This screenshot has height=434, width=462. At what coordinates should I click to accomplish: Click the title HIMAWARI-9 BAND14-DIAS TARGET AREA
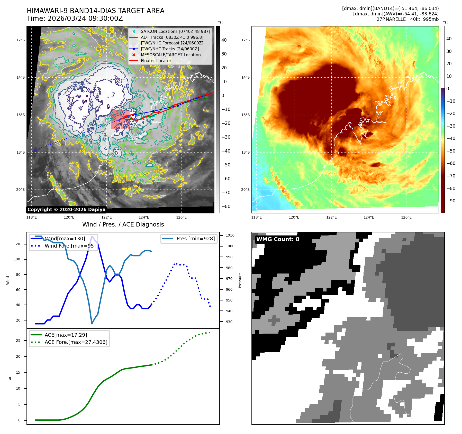tap(95, 11)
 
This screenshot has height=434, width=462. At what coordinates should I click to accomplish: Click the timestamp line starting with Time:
tap(75, 18)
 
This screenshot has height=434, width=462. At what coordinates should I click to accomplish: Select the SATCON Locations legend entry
tap(175, 31)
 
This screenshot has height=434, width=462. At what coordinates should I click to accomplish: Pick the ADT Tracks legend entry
tap(172, 37)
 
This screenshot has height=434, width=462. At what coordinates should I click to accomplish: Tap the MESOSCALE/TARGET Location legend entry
tap(170, 55)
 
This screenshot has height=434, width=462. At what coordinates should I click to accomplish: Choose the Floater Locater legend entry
tap(156, 61)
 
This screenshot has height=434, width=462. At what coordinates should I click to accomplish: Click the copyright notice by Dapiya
tap(66, 210)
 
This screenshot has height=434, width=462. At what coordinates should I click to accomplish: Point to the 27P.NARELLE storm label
tap(407, 19)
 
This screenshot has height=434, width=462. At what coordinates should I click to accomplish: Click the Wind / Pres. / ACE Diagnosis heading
tap(123, 224)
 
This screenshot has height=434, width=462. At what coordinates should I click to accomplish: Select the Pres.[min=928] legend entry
tap(195, 239)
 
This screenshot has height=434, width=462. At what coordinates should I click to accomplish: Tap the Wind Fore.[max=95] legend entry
tap(70, 246)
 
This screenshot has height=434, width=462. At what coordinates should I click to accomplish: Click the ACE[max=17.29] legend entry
tap(66, 335)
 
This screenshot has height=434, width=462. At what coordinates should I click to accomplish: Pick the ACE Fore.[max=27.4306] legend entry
tap(76, 342)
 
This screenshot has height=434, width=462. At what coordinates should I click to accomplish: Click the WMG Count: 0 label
tap(278, 239)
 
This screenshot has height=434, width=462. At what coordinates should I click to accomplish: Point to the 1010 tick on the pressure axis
tap(230, 235)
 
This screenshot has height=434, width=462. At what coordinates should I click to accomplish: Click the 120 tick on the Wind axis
tap(17, 244)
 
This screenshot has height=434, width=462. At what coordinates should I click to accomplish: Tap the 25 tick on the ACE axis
tap(18, 341)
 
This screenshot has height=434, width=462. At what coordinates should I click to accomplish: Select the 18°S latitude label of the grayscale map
tap(21, 152)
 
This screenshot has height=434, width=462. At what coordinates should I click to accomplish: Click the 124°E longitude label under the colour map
tap(369, 217)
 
